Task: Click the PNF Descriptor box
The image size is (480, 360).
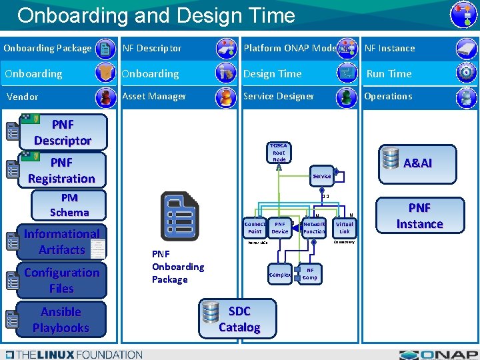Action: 62,132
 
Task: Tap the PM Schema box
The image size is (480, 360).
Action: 69,205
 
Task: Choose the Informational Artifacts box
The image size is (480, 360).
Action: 62,242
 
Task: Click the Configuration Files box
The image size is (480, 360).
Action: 61,281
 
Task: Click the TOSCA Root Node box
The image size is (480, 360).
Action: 279,153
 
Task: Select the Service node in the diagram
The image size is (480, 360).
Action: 321,176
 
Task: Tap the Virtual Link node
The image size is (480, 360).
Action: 344,227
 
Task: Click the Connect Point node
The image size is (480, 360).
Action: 255,227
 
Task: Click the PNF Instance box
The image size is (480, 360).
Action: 419,216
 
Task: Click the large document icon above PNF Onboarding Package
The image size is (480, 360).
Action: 179,216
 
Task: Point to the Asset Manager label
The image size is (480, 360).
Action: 154,96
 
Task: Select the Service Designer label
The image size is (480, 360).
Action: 279,96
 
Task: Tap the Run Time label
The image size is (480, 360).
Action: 389,73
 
